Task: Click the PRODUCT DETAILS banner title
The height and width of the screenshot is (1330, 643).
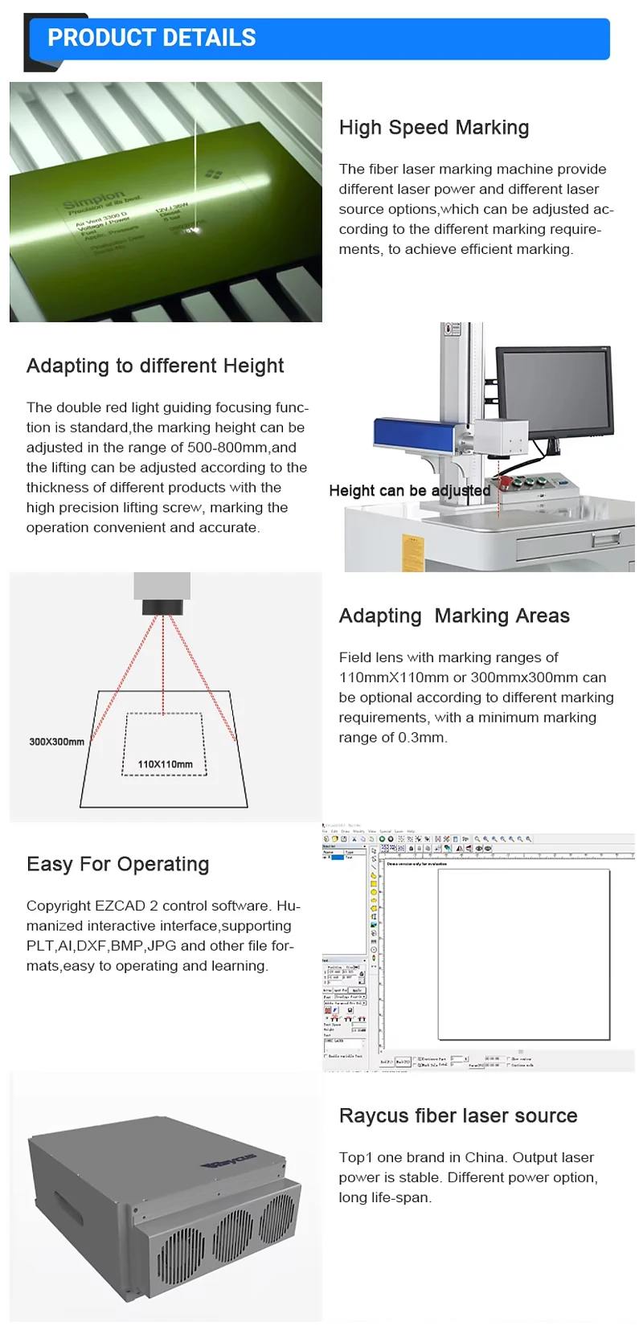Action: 151,38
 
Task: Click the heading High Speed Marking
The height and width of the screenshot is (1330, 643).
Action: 434,128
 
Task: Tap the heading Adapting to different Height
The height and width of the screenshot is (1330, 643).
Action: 155,366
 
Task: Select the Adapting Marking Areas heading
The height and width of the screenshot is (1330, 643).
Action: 454,616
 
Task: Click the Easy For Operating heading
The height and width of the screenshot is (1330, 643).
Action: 118,864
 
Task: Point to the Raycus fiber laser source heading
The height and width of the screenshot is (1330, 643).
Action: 458,1115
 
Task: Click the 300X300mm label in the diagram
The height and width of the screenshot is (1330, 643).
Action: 56,742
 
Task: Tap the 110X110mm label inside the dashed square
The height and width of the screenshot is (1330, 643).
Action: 165,764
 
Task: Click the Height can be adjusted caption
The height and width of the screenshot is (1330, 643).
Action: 409,490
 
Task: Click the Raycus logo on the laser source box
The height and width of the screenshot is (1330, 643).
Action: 229,1160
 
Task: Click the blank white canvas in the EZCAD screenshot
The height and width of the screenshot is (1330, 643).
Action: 523,954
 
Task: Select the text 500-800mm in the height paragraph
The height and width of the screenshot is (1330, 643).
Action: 228,448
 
